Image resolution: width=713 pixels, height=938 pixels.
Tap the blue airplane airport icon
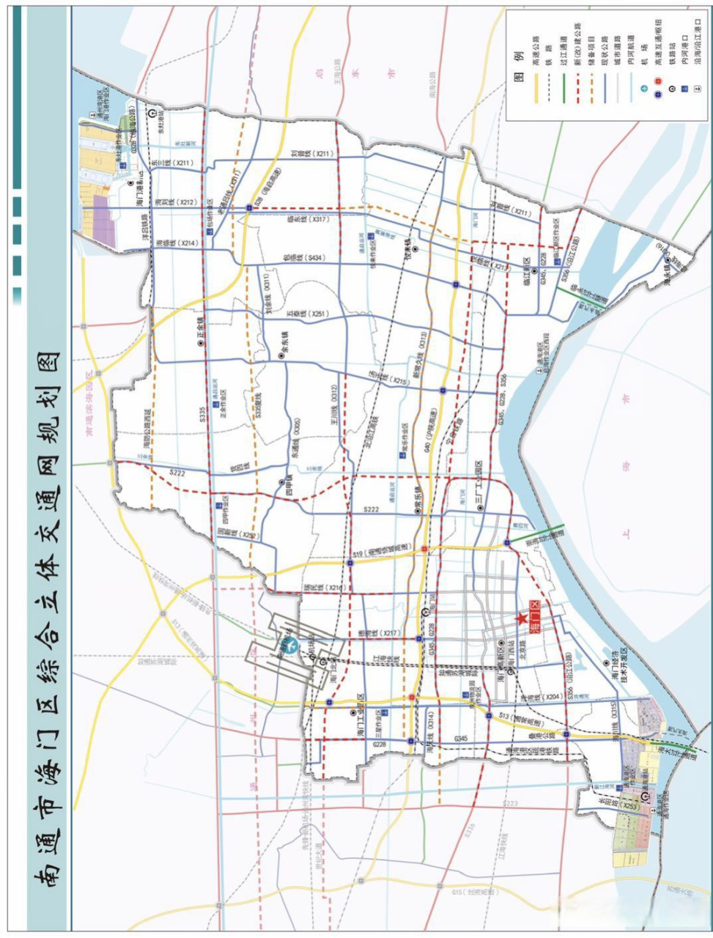(291, 646)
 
